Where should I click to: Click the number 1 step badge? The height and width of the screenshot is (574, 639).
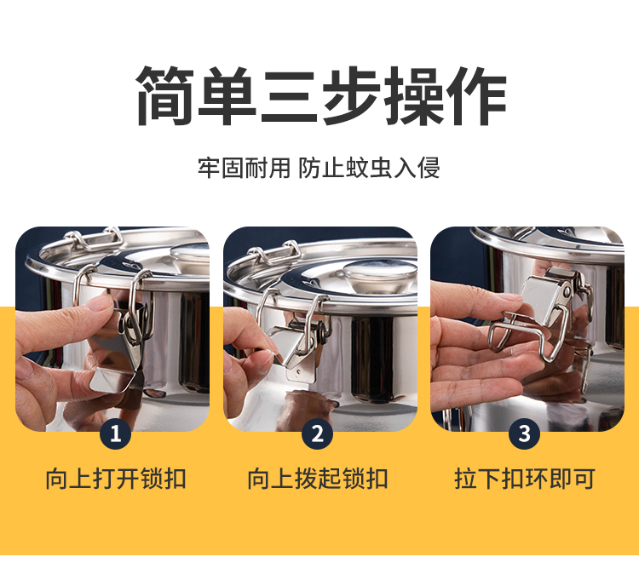click(116, 433)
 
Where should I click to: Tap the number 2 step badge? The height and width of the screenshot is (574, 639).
click(318, 433)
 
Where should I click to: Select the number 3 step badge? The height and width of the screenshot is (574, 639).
click(525, 433)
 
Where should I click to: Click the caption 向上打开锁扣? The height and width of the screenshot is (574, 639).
click(116, 479)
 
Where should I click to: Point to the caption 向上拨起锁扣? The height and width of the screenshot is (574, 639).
click(318, 479)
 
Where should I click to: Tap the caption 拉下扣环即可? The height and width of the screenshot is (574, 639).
click(525, 479)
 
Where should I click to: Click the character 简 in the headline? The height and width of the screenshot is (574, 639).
click(165, 95)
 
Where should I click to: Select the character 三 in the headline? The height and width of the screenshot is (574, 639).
click(289, 95)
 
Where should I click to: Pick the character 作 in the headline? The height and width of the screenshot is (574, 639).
click(476, 95)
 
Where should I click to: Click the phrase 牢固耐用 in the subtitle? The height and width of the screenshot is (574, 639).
click(244, 168)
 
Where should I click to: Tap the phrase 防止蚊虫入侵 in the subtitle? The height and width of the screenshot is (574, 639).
click(369, 168)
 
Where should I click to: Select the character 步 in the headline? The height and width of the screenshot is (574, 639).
click(351, 95)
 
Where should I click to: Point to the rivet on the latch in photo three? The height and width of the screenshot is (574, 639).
click(567, 291)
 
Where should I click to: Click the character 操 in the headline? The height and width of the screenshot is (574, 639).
click(413, 95)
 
